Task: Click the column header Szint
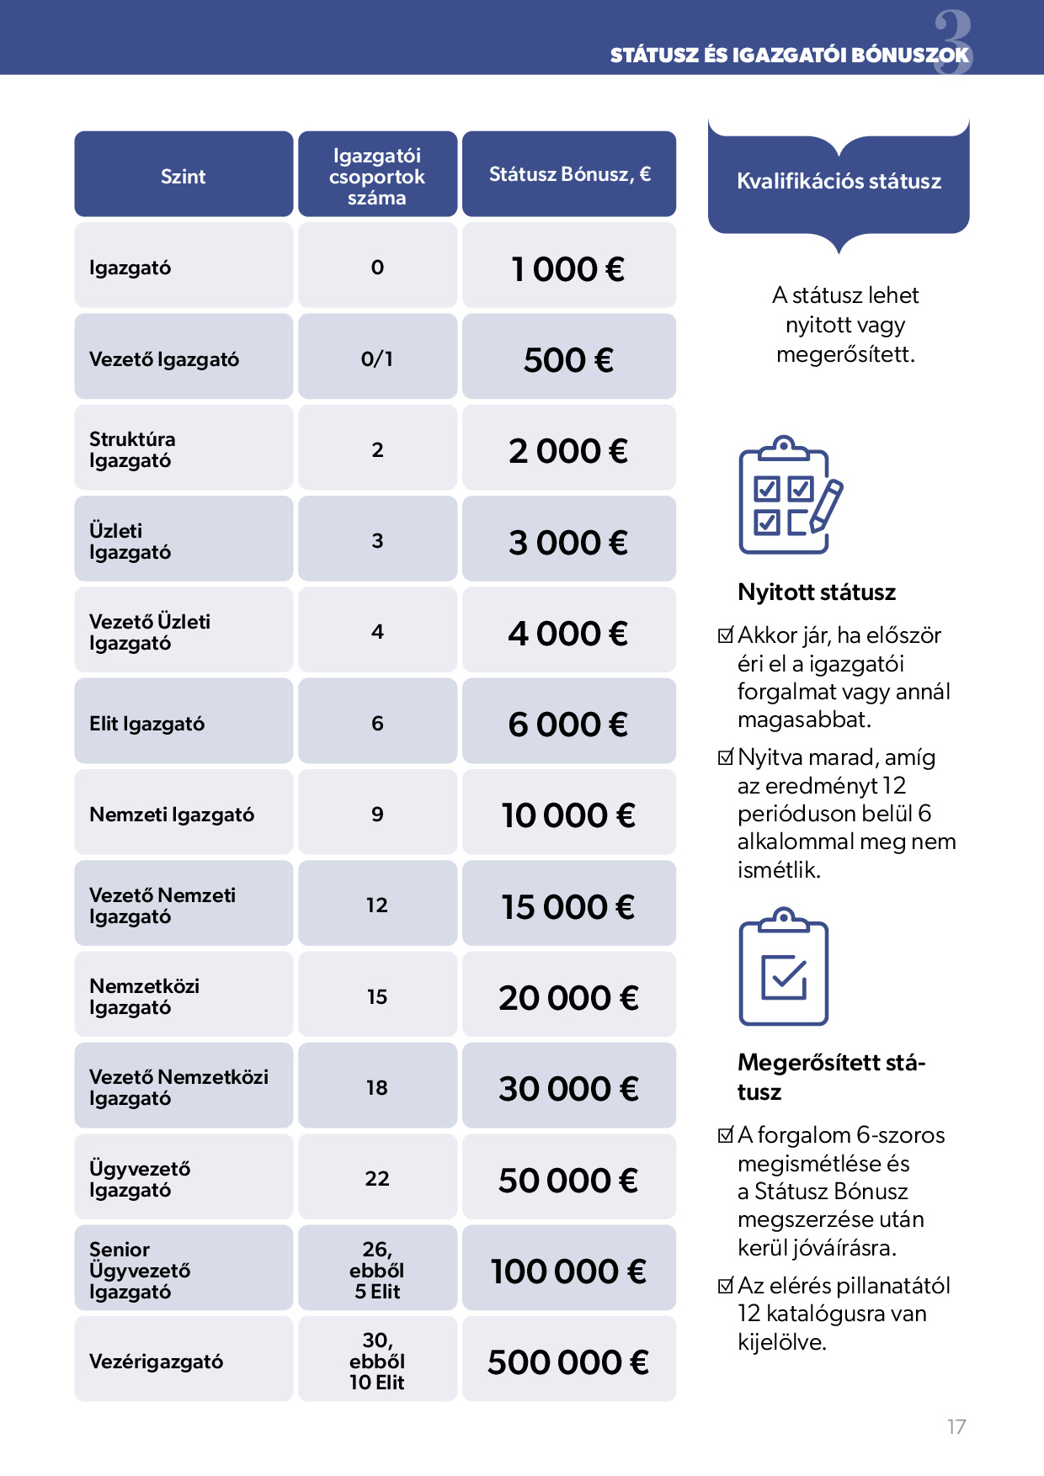(183, 176)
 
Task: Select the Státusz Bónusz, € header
(569, 174)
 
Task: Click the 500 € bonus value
(568, 360)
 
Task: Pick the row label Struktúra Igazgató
(132, 449)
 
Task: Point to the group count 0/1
(376, 358)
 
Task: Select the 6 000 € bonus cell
(568, 725)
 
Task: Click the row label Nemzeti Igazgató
(172, 815)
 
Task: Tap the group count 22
(376, 1178)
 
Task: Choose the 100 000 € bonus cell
(568, 1272)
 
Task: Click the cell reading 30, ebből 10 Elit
(376, 1361)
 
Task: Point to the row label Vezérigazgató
(156, 1362)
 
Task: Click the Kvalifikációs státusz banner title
(839, 181)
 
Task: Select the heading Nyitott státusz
(816, 592)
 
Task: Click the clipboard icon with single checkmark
(783, 967)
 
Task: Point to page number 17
(956, 1426)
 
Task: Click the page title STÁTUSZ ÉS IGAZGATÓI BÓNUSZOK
(789, 56)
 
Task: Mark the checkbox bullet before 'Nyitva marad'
(725, 757)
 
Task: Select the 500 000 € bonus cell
(568, 1362)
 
